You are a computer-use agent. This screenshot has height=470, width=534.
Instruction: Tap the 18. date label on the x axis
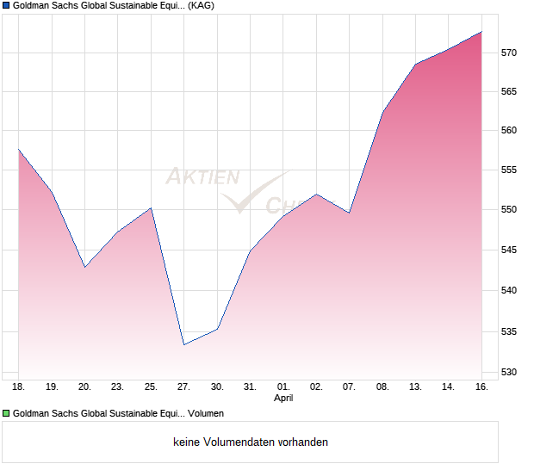click(19, 387)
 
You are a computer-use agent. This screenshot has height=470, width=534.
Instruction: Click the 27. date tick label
click(183, 387)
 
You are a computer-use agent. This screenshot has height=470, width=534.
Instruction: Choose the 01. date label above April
click(283, 387)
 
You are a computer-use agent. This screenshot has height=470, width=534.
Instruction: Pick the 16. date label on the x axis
click(481, 387)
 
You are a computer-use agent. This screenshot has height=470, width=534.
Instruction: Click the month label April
click(283, 399)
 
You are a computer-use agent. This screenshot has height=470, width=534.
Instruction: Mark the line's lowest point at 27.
click(183, 344)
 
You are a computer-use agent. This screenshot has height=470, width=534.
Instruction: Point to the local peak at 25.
click(151, 207)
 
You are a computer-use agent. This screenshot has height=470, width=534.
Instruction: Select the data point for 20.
click(84, 267)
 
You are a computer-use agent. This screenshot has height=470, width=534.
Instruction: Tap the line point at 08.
click(382, 112)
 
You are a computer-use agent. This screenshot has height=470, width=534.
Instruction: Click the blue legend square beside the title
click(7, 5)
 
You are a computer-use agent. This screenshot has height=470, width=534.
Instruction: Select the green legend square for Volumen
click(7, 413)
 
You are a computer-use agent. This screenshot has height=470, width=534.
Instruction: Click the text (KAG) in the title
click(202, 5)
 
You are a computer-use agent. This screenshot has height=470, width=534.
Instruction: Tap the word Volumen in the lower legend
click(205, 413)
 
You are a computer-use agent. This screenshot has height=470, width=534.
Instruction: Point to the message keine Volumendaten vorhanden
click(251, 442)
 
